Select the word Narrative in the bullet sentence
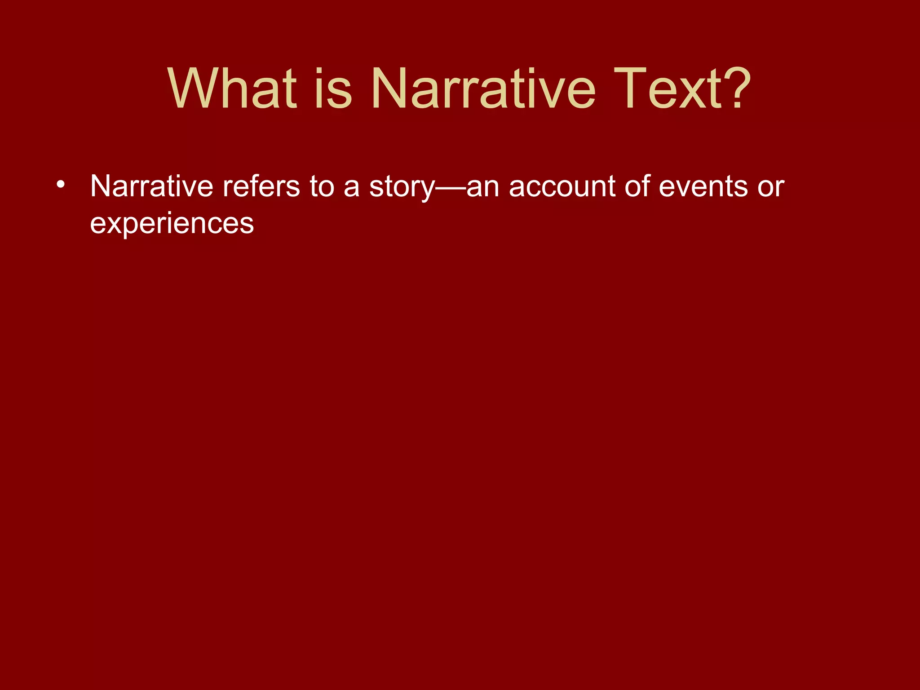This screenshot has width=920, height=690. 151,186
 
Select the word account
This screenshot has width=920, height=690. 562,187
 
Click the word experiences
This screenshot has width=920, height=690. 172,224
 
